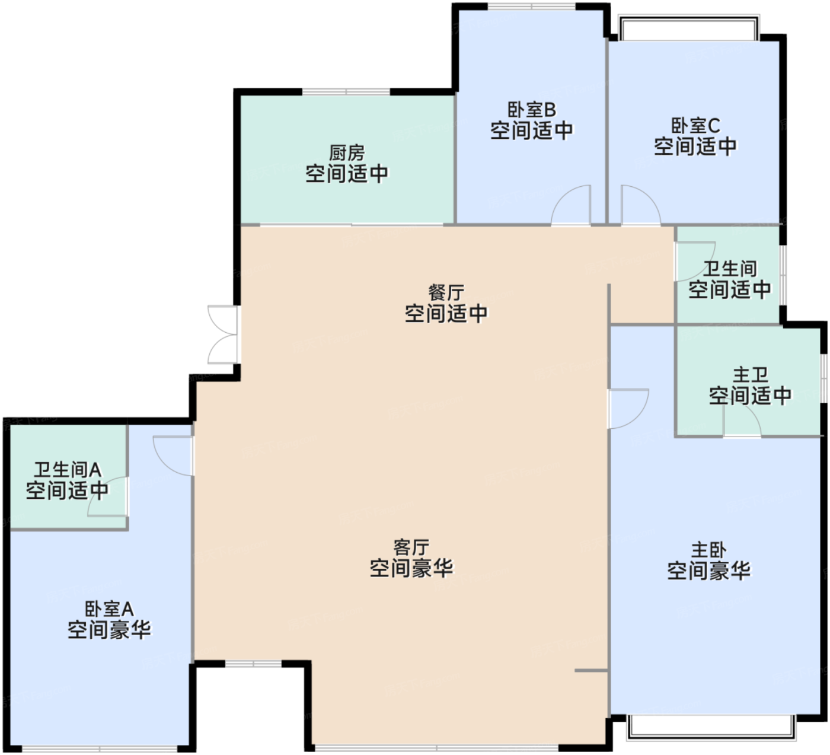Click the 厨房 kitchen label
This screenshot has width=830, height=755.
347,153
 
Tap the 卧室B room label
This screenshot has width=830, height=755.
532,110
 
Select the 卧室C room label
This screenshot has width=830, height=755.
695,126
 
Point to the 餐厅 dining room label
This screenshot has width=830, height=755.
446,293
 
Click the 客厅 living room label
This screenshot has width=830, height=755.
411,547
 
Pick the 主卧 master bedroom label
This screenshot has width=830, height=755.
709,550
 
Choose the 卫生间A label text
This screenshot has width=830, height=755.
68,470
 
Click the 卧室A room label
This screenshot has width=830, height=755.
109,609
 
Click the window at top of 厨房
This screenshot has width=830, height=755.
346,91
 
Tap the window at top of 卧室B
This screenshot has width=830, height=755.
532,6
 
